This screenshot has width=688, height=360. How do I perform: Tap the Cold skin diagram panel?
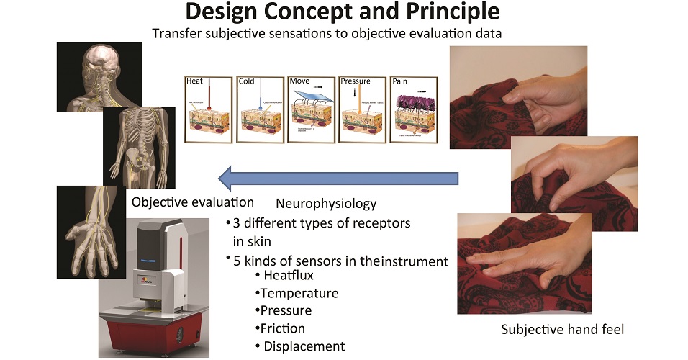coord(258,109)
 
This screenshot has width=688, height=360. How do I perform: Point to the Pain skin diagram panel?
coord(412,109)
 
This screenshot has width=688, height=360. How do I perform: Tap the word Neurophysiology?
coord(326,204)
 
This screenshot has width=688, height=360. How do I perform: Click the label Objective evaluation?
coord(193,202)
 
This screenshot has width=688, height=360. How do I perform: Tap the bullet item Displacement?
coord(304,346)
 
